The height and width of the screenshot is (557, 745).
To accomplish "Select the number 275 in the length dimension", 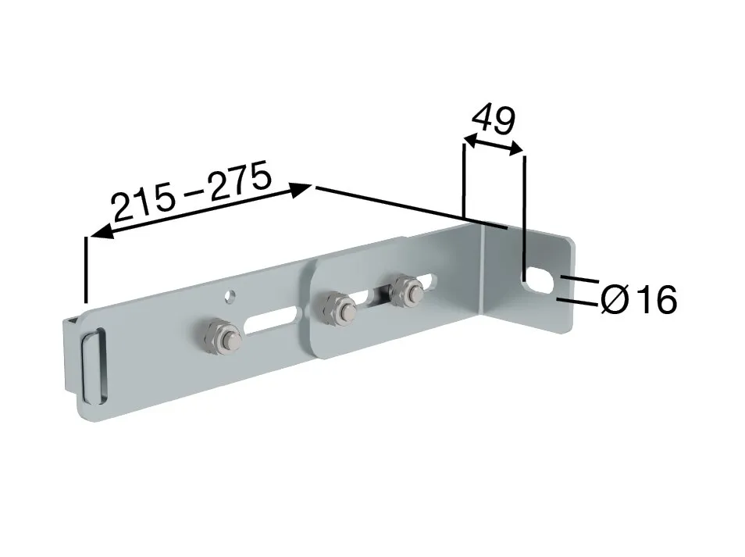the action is (241, 177).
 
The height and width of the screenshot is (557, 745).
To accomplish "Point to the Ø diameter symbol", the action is (615, 299).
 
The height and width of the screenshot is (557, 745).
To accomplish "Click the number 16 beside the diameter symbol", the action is (658, 299).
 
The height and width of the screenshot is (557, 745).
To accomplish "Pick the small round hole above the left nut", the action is (230, 296).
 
